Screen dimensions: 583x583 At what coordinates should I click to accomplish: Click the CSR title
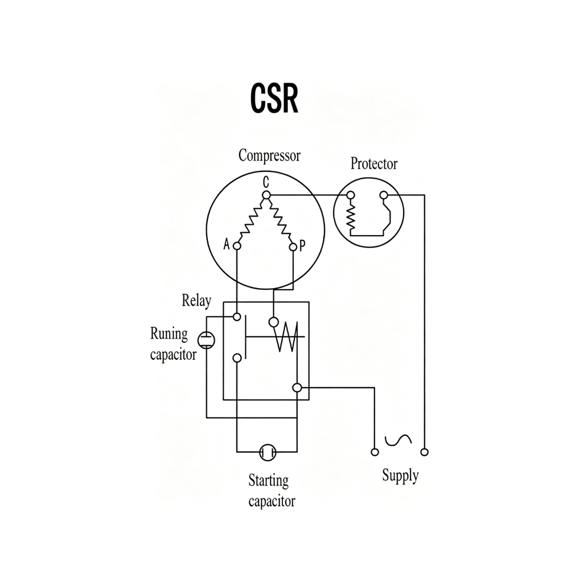pyautogui.click(x=274, y=98)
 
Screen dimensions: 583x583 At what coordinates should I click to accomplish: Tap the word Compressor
pyautogui.click(x=269, y=155)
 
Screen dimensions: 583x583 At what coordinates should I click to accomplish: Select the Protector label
pyautogui.click(x=373, y=163)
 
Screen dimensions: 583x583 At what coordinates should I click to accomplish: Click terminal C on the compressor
pyautogui.click(x=266, y=195)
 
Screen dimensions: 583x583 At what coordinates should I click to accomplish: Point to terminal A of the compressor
pyautogui.click(x=237, y=246)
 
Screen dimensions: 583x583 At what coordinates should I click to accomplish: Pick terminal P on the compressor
pyautogui.click(x=293, y=247)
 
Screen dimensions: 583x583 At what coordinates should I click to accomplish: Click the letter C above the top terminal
pyautogui.click(x=266, y=183)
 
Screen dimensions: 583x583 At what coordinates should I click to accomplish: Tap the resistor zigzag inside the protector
pyautogui.click(x=351, y=217)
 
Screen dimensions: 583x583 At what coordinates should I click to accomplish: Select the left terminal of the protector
pyautogui.click(x=350, y=195)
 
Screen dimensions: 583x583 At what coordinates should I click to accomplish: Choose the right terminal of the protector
pyautogui.click(x=384, y=195)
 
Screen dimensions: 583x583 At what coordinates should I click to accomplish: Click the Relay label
pyautogui.click(x=196, y=301)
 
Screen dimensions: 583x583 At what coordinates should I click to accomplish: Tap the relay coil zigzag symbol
pyautogui.click(x=288, y=336)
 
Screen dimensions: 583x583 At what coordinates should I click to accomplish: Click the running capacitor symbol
pyautogui.click(x=206, y=340)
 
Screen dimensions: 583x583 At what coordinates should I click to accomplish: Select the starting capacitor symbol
pyautogui.click(x=268, y=452)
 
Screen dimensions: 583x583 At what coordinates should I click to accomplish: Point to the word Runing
pyautogui.click(x=169, y=334)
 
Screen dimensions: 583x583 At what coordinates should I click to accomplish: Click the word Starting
pyautogui.click(x=269, y=481)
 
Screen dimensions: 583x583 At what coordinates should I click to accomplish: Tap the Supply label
pyautogui.click(x=400, y=476)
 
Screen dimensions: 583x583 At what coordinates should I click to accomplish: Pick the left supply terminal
pyautogui.click(x=375, y=452)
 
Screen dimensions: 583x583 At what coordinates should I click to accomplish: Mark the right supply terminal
pyautogui.click(x=424, y=452)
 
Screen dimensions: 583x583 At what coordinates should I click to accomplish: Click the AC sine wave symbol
pyautogui.click(x=398, y=440)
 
